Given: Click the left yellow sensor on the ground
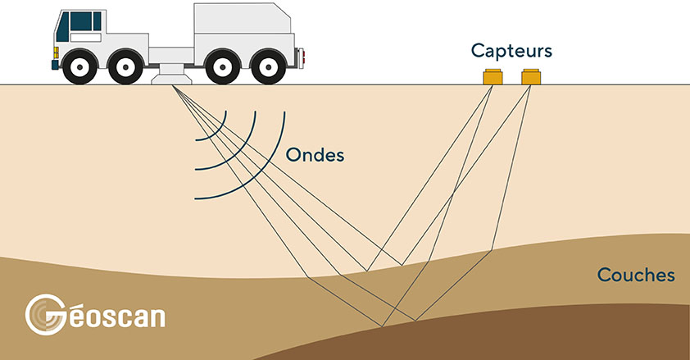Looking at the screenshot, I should [493, 78].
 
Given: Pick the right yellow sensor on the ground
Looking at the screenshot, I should [532, 78].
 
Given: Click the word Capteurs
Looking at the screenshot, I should [511, 51].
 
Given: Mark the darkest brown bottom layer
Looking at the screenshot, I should [574, 336].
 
